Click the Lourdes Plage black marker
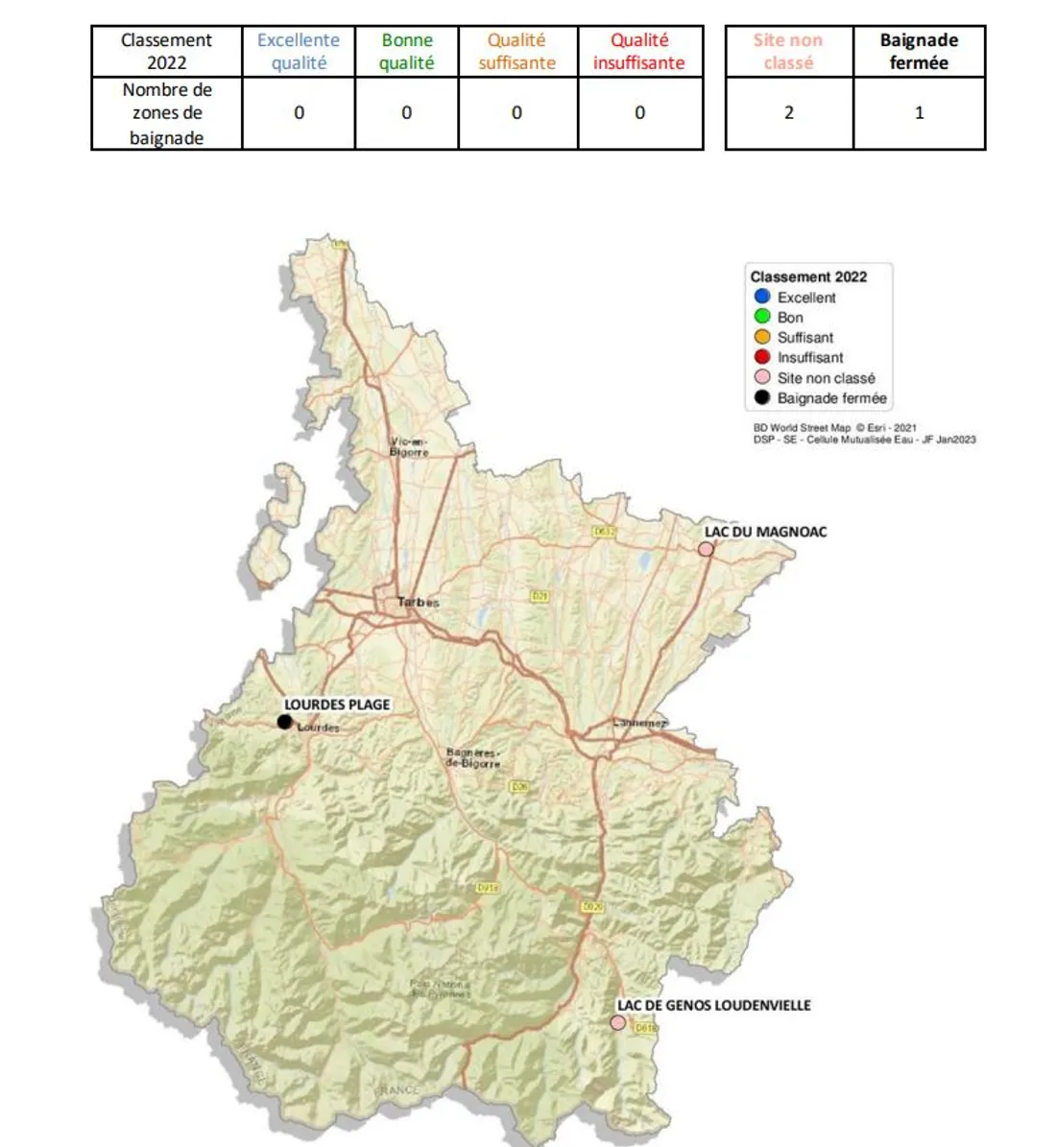[284, 722]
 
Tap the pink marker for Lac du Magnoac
[706, 549]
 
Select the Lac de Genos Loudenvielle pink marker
[617, 1023]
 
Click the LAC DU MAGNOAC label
[765, 532]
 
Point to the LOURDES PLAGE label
[337, 705]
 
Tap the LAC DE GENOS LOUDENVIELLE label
[713, 1005]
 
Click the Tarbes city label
[419, 603]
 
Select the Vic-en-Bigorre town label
[409, 446]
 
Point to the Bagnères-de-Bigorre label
[472, 758]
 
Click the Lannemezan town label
[639, 723]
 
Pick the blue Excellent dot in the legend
[762, 297]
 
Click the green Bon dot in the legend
[762, 317]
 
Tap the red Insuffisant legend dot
[762, 357]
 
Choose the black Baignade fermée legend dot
[762, 397]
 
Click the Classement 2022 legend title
[808, 276]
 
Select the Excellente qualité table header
[299, 52]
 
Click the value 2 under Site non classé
[789, 113]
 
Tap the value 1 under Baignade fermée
[919, 113]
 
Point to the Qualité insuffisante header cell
[639, 52]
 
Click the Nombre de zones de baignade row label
[167, 113]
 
